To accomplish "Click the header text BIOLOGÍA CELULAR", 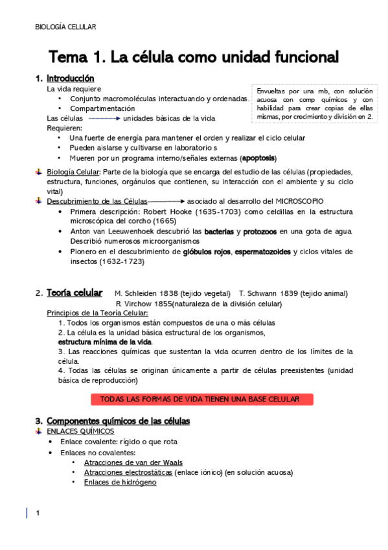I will click(66, 27).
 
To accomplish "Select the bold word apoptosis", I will click(258, 158).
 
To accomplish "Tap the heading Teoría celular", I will click(74, 293).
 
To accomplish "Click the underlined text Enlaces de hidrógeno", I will click(120, 482).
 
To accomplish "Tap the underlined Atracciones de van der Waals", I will click(133, 462).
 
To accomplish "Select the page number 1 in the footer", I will click(38, 514).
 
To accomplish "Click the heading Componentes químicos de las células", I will click(119, 421).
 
